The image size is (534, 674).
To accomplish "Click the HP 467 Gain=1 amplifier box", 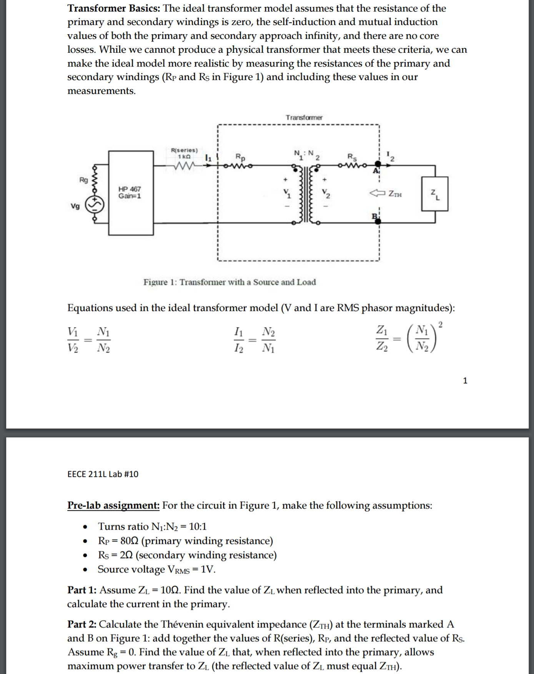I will click(131, 193).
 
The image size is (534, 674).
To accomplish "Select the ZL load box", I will click(434, 194).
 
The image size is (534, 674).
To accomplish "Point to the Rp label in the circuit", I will click(240, 157).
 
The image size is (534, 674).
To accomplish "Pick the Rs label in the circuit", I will click(352, 157).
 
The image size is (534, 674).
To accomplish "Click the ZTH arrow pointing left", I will click(377, 193).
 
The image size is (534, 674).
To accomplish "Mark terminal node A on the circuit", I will click(378, 165).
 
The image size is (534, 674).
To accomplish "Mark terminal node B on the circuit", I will click(378, 221).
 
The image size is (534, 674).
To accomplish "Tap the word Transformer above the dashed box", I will click(304, 117).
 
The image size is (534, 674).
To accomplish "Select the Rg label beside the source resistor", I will click(83, 180).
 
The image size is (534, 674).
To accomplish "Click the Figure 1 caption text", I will click(230, 282).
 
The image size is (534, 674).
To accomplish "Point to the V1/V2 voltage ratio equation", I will click(89, 340).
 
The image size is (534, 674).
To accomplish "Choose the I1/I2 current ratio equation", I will click(255, 340).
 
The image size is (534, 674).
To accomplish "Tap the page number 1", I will click(465, 381).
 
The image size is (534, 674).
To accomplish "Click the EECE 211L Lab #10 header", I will click(103, 474).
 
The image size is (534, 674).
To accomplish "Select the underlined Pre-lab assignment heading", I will click(113, 505).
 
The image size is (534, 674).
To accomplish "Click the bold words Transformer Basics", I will click(114, 8).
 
